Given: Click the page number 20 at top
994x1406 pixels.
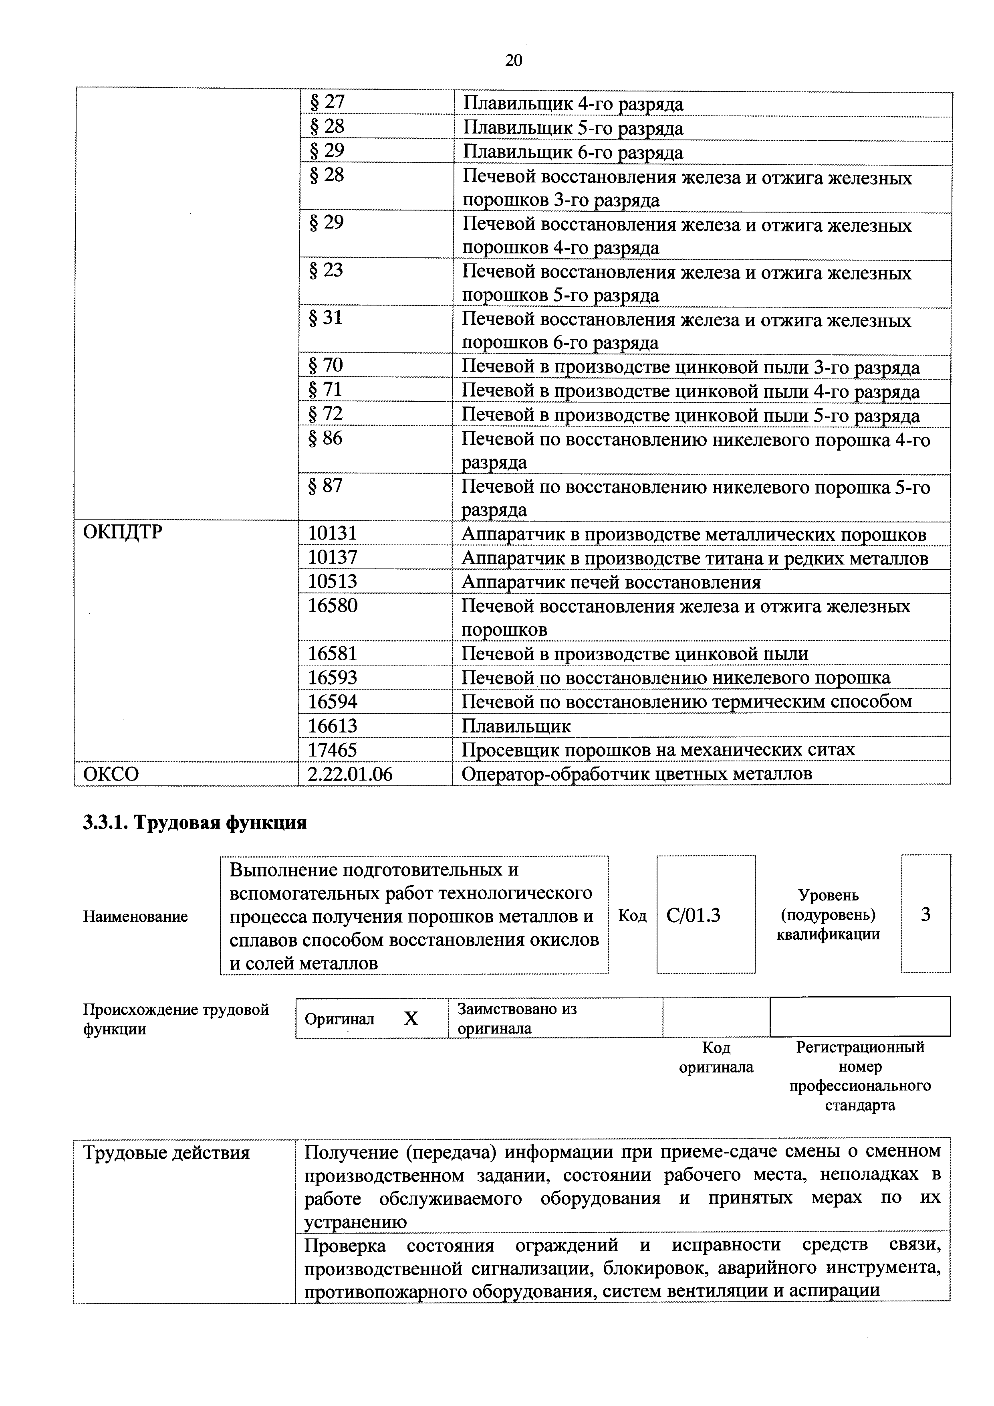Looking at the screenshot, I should pyautogui.click(x=514, y=60).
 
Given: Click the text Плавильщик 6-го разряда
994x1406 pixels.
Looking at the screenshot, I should pyautogui.click(x=572, y=152).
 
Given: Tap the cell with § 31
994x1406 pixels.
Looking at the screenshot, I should pyautogui.click(x=326, y=318).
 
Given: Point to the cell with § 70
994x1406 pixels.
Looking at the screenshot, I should pyautogui.click(x=326, y=366).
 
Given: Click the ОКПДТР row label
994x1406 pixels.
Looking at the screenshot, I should pyautogui.click(x=123, y=532).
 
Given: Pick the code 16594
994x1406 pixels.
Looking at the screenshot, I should pyautogui.click(x=333, y=701).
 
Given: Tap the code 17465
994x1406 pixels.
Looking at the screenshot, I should pyautogui.click(x=333, y=750).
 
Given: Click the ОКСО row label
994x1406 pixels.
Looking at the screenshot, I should pyautogui.click(x=111, y=774).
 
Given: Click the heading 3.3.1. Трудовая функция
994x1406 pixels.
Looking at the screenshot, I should pyautogui.click(x=195, y=822).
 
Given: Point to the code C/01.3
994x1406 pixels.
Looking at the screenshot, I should pyautogui.click(x=694, y=915).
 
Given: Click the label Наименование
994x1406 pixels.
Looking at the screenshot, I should pyautogui.click(x=135, y=917).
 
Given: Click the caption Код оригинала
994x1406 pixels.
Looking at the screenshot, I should pyautogui.click(x=716, y=1058).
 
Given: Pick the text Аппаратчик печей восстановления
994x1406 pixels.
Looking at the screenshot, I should pyautogui.click(x=610, y=582).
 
